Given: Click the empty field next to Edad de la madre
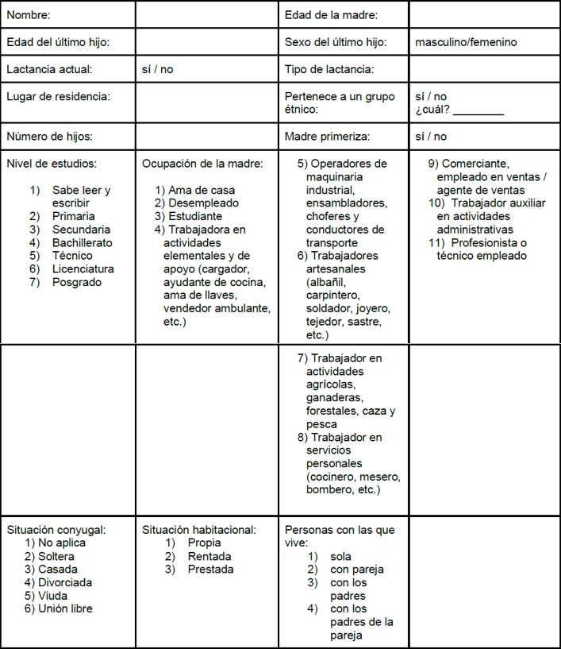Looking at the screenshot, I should coord(484,14).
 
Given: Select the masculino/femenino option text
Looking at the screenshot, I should coord(465,41).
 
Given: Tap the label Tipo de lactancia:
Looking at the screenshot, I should coord(329,69).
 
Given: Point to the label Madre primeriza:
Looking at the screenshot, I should coord(327,136).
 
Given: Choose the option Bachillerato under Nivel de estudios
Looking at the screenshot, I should coord(82,242).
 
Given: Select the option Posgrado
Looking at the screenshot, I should coord(77,281).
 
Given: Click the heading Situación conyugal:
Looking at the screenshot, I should coord(56,530).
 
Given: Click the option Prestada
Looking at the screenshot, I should coord(210,569).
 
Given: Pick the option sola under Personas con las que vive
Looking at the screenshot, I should coord(340,556).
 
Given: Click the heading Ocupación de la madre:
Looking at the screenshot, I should coord(202,164).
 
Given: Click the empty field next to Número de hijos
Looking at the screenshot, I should coord(206,136).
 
